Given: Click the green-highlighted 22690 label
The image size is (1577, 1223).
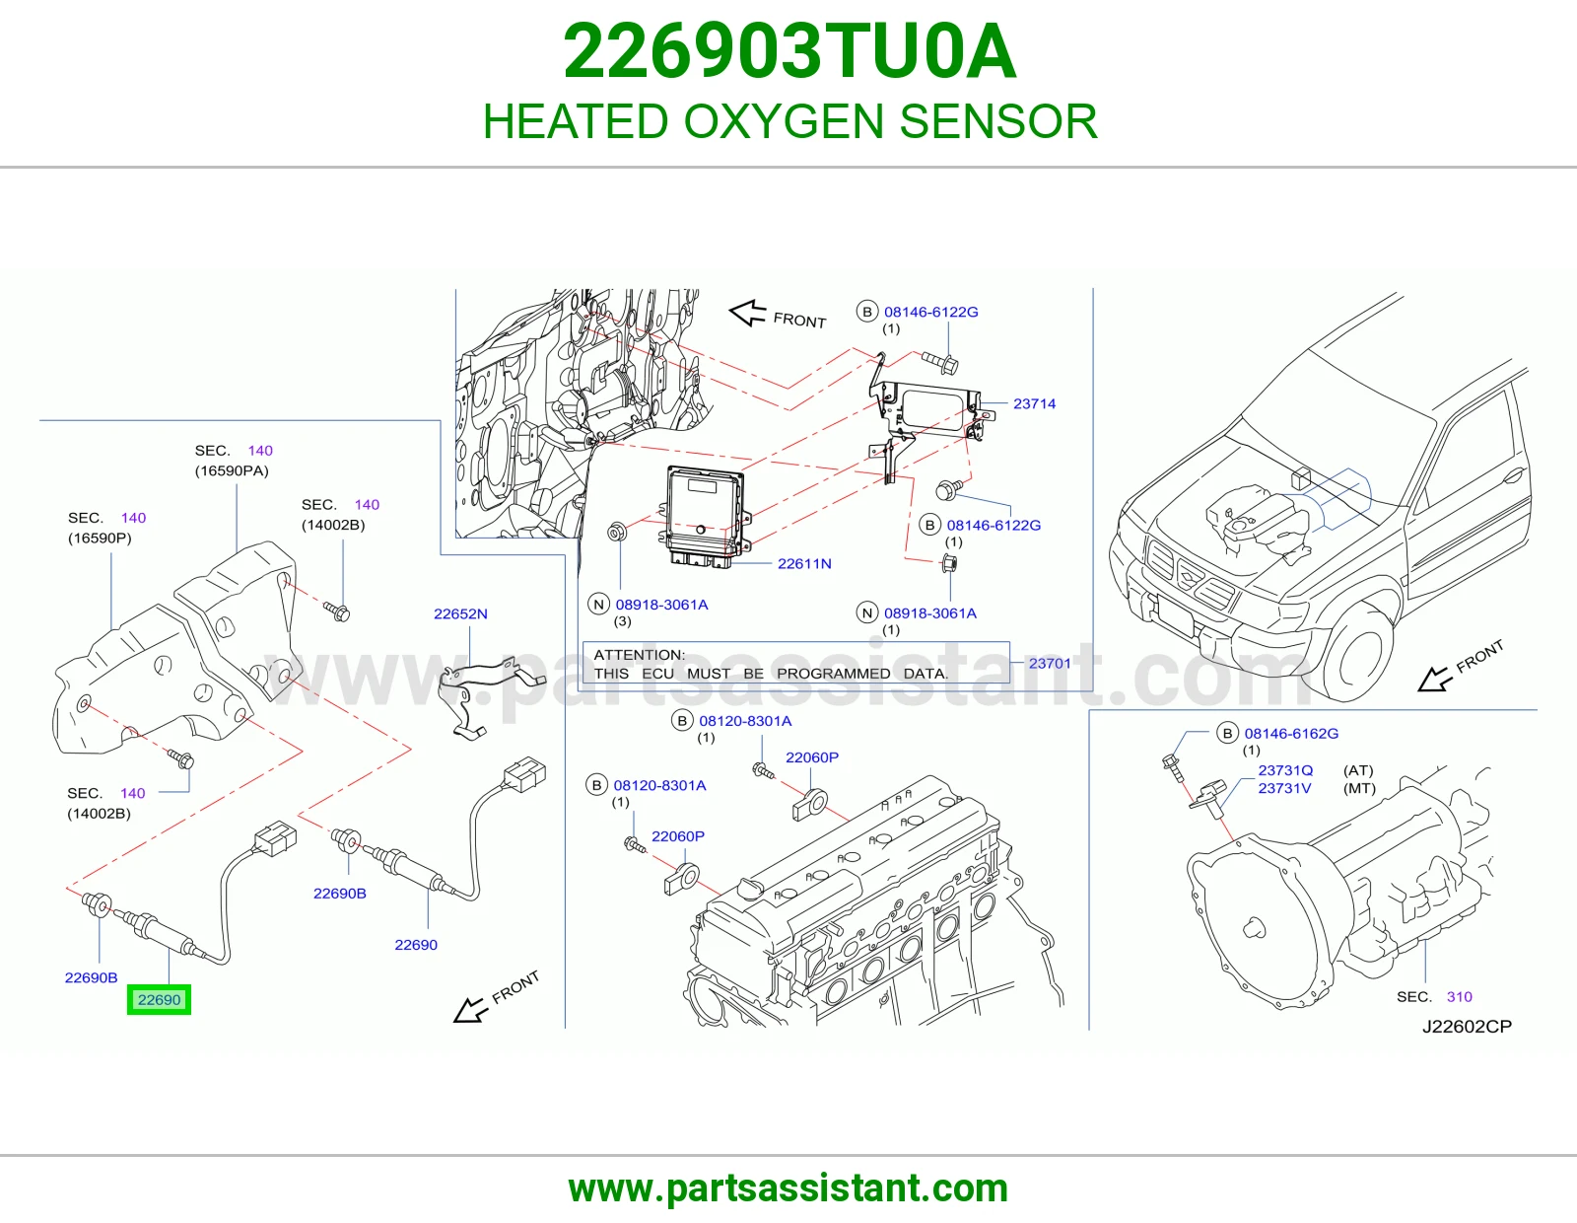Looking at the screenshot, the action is [x=159, y=999].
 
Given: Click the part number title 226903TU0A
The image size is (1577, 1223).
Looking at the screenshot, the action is [x=789, y=51].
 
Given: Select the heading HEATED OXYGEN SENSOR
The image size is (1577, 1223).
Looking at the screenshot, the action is [x=789, y=121].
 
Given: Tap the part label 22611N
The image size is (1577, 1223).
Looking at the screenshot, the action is [x=804, y=563].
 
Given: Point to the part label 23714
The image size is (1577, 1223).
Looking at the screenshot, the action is [x=1034, y=403].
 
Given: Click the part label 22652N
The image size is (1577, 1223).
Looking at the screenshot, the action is [x=460, y=613].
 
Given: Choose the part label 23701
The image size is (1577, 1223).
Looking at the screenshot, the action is [x=1050, y=663].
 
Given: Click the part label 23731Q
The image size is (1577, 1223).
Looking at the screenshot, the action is [x=1285, y=770].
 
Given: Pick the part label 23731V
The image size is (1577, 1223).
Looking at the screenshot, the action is [x=1284, y=788].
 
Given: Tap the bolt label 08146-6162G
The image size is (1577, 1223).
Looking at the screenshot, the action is [x=1291, y=734].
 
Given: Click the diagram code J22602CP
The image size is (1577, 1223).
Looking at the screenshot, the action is [x=1467, y=1026].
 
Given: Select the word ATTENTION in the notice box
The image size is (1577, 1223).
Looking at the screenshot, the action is [x=639, y=654].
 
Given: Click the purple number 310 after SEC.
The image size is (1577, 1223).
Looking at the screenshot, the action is [x=1460, y=996].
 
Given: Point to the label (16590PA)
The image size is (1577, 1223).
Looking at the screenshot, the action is [x=232, y=470].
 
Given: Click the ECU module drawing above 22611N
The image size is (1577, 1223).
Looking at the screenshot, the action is [x=704, y=516].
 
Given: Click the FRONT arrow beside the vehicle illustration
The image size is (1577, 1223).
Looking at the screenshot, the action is [x=1432, y=681].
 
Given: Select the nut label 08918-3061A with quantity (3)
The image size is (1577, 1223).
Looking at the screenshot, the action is [x=661, y=605].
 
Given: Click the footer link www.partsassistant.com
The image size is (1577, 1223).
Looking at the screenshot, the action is [x=788, y=1188].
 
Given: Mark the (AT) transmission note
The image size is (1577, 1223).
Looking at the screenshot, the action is [x=1358, y=770].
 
